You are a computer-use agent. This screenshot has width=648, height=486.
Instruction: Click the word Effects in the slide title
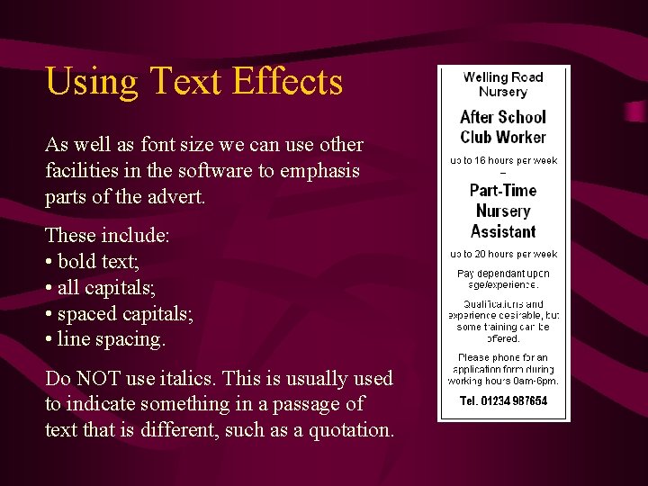287,81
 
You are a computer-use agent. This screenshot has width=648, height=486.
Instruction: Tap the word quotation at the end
351,431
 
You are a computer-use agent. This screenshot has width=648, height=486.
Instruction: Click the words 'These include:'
107,236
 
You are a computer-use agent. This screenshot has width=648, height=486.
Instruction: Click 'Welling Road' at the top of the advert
503,77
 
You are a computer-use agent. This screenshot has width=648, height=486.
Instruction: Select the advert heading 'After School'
503,117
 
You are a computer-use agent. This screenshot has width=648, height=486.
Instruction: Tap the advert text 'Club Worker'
503,137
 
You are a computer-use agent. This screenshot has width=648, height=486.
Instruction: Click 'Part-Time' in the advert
503,191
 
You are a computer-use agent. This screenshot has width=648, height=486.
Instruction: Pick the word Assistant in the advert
503,231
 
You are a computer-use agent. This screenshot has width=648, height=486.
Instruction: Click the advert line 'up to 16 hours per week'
503,161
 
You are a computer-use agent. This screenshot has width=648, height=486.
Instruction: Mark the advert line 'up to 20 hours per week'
503,255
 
